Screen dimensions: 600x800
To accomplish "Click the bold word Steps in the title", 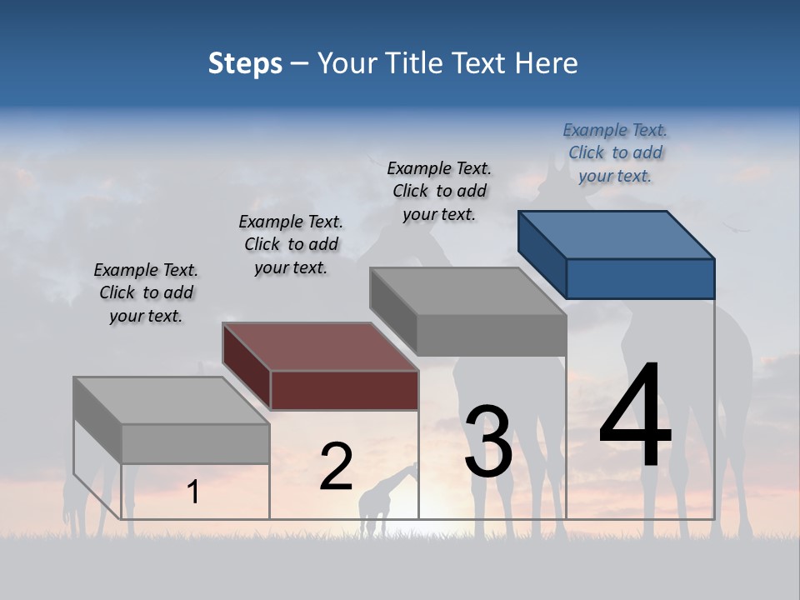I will pyautogui.click(x=245, y=63).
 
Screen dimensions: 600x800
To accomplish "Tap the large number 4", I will pyautogui.click(x=635, y=417).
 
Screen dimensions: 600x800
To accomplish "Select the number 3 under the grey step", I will pyautogui.click(x=488, y=442).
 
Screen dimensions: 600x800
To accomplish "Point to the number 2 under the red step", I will pyautogui.click(x=336, y=467).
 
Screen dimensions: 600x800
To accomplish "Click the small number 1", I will pyautogui.click(x=193, y=492).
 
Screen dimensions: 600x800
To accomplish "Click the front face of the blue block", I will pyautogui.click(x=640, y=278).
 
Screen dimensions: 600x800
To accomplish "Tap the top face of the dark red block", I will pyautogui.click(x=320, y=347).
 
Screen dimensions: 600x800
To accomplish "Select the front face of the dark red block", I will pyautogui.click(x=344, y=390).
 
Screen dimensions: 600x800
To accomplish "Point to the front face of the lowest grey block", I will pyautogui.click(x=195, y=443).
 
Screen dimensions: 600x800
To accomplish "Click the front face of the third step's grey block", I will pyautogui.click(x=492, y=335).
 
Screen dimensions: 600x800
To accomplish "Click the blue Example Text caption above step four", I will pyautogui.click(x=615, y=152).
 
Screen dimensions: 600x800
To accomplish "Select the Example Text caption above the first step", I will pyautogui.click(x=146, y=292).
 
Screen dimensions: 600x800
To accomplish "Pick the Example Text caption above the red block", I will pyautogui.click(x=291, y=244).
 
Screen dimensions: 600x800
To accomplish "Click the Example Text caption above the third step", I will pyautogui.click(x=439, y=191).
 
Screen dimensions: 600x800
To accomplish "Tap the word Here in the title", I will pyautogui.click(x=548, y=63).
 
